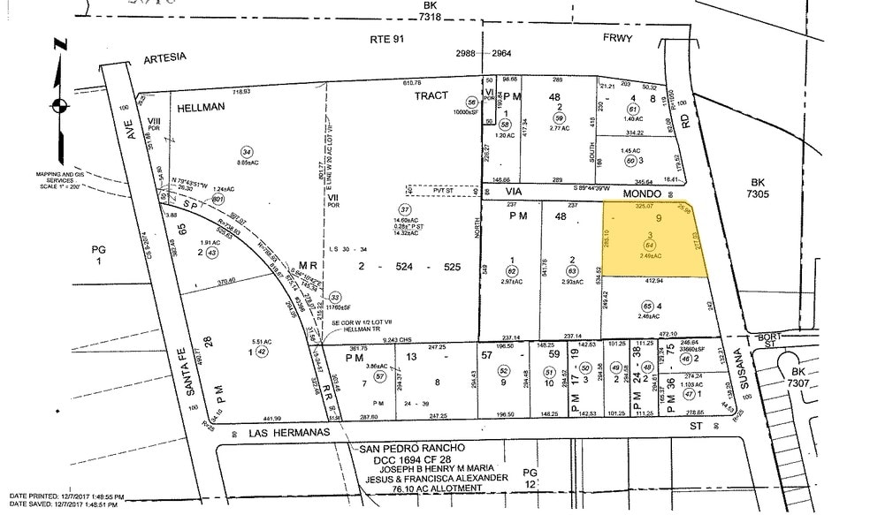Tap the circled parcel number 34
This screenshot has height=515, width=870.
click(x=247, y=150)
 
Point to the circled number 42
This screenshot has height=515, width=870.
click(x=262, y=352)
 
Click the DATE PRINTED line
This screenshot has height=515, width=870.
click(x=66, y=496)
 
